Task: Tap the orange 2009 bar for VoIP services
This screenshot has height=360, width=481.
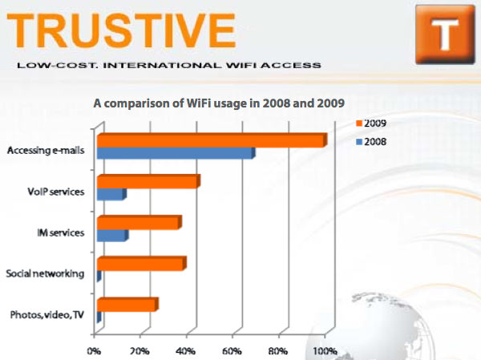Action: click(x=147, y=183)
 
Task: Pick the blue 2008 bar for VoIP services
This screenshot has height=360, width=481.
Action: click(x=111, y=195)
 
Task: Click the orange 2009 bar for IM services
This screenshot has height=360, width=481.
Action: click(x=138, y=224)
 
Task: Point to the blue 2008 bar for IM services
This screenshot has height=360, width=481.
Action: click(x=111, y=236)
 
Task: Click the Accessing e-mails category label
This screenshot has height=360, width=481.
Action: click(x=45, y=150)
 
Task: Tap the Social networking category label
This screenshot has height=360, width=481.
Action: click(x=45, y=273)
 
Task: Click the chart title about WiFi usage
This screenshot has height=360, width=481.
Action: click(x=219, y=103)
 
